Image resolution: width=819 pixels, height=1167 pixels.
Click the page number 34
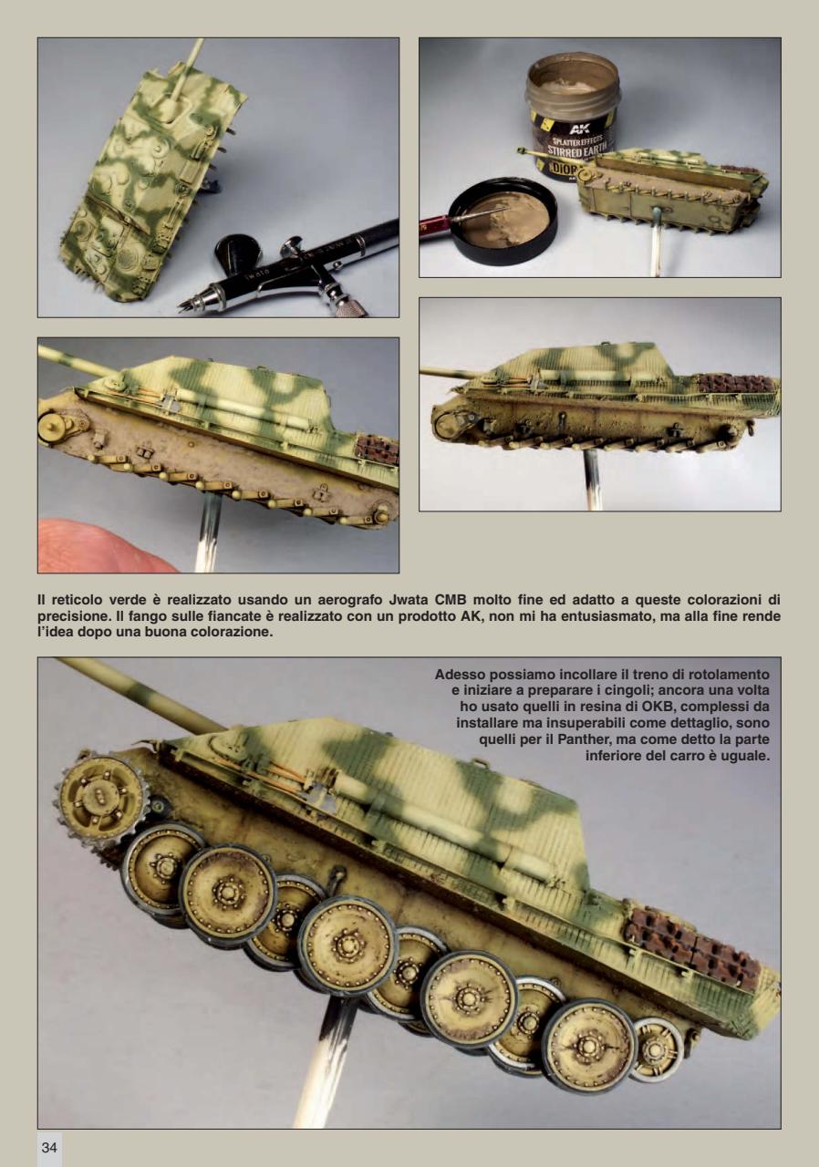(49, 1149)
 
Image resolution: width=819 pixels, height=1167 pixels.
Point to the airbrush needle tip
(184, 305)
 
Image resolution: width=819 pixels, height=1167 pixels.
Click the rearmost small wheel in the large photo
(656, 1048)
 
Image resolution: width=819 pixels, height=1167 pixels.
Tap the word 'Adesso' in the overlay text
(461, 674)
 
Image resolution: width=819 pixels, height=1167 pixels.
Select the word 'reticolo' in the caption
(77, 599)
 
